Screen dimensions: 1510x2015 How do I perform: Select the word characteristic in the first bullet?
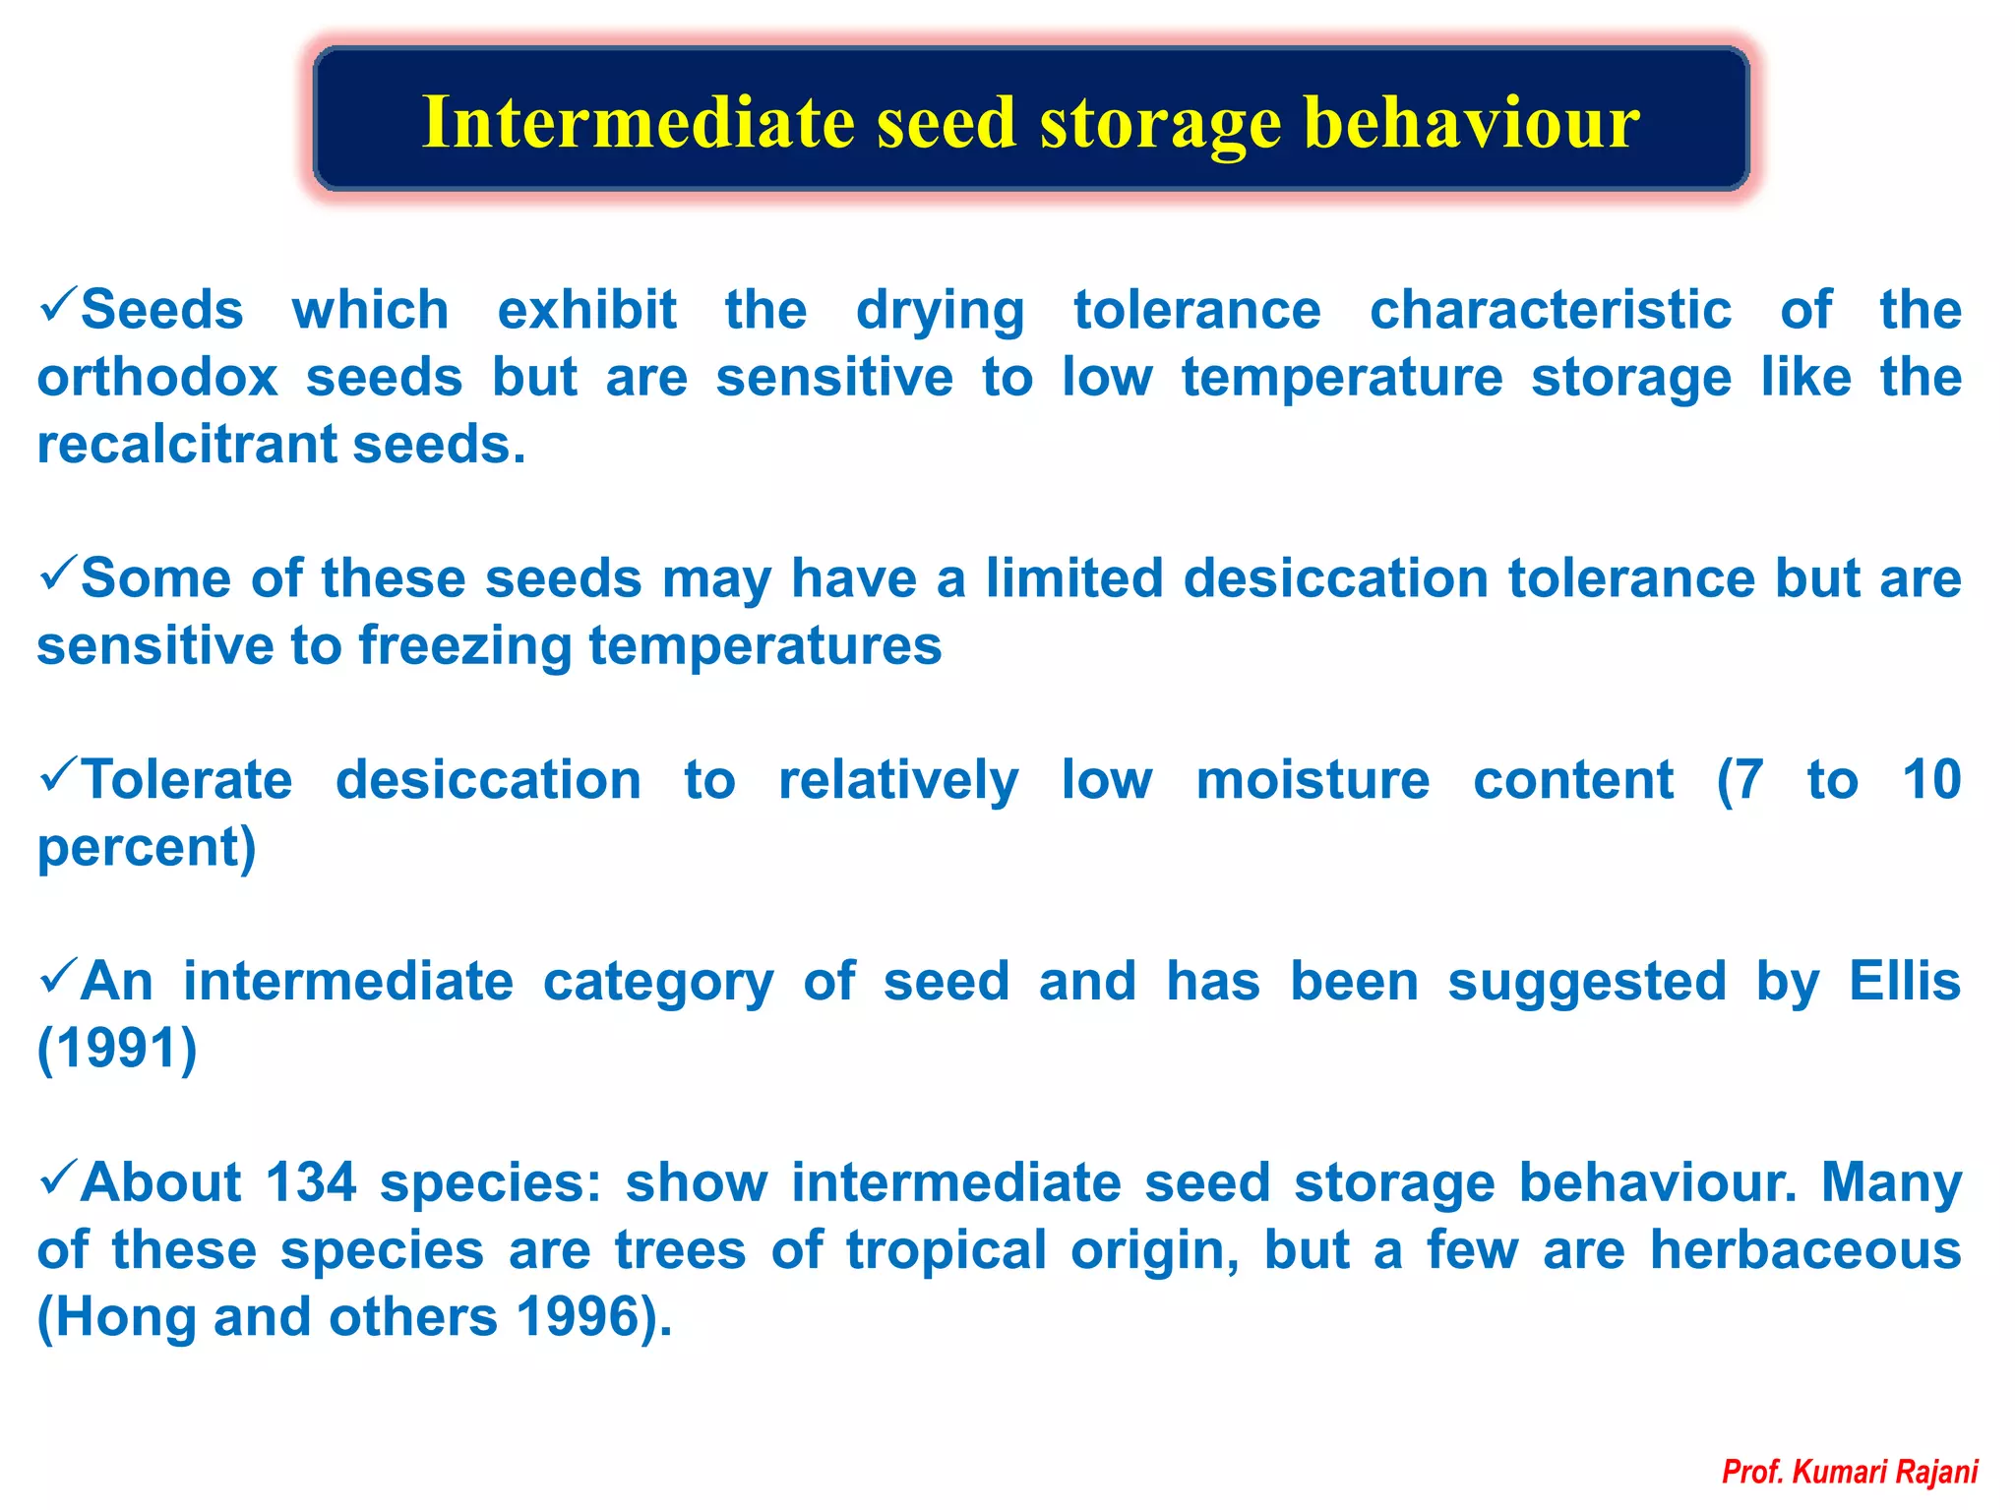point(1550,311)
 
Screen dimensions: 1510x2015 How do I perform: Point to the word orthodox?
point(157,378)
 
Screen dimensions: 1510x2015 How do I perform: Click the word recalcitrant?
point(187,445)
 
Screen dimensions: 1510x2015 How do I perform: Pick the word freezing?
point(464,646)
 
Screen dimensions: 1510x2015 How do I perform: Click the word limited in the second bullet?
point(1074,578)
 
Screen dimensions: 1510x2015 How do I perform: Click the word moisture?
point(1313,781)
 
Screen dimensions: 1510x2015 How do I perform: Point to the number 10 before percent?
point(1930,781)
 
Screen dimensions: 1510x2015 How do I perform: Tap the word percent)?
point(147,848)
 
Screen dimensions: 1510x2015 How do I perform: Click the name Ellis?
point(1904,982)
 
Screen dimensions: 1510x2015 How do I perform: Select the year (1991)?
point(117,1049)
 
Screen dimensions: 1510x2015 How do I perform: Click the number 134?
point(310,1183)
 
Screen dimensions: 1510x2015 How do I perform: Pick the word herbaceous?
point(1804,1250)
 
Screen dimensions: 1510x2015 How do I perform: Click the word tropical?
point(946,1250)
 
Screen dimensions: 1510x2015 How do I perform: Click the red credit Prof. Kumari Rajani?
point(1849,1472)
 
